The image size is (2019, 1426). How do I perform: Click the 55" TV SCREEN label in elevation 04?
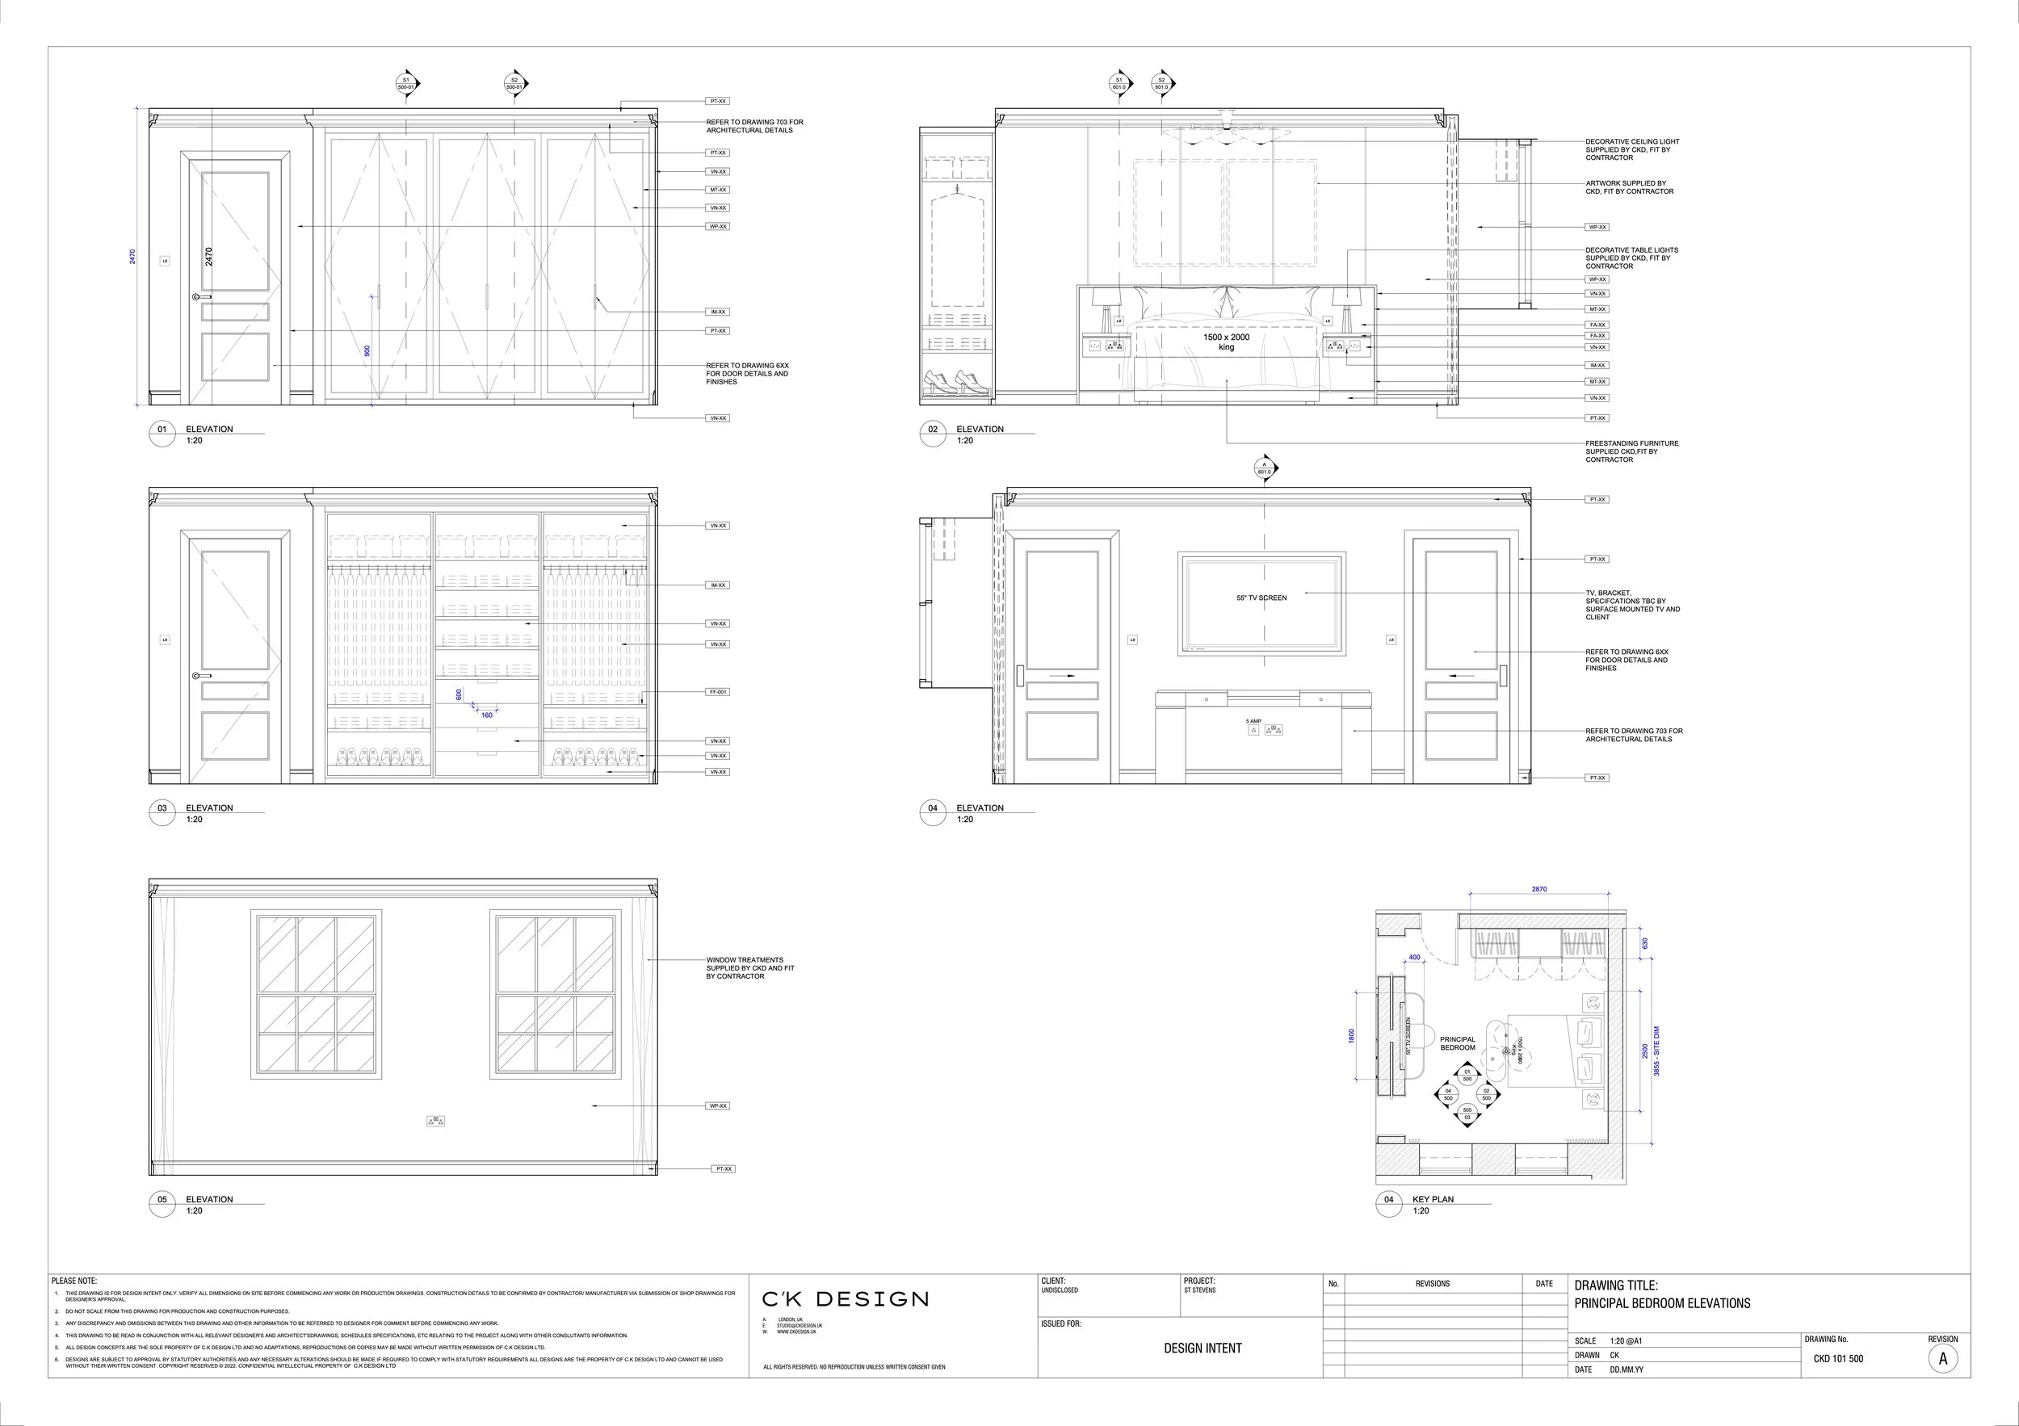coord(1261,598)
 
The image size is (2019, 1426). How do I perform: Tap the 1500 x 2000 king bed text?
coord(1226,342)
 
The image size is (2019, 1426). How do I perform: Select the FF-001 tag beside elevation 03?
coord(718,692)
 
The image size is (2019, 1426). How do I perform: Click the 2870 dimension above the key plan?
coord(1538,890)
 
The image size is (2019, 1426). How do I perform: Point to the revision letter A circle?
coord(1942,1358)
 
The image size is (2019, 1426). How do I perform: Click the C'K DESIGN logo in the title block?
coord(844,1299)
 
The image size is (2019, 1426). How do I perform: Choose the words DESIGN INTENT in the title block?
coord(1202,1348)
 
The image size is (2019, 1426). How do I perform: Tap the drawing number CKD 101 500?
coord(1838,1358)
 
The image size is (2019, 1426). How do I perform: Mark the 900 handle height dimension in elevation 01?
coord(367,350)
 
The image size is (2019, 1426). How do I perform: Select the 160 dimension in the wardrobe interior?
coord(486,715)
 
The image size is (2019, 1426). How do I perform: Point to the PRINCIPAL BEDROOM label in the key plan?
coord(1457,1043)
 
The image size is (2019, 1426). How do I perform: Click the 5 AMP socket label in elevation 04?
coord(1253,722)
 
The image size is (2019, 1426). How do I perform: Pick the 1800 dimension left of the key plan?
coord(1352,1036)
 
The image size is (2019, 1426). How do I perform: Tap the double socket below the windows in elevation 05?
coord(435,1121)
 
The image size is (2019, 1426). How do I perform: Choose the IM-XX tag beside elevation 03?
coord(718,585)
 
